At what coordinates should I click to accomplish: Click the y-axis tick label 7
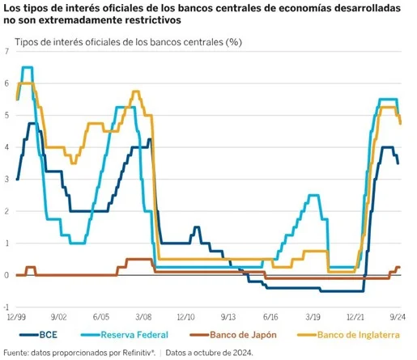(x=6, y=52)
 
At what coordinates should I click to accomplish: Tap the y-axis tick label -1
(x=6, y=307)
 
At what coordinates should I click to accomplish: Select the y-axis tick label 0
(x=6, y=276)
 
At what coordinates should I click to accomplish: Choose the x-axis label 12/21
(x=356, y=319)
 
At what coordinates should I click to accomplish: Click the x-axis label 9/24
(x=398, y=319)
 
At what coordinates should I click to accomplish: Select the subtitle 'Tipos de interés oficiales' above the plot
(x=73, y=40)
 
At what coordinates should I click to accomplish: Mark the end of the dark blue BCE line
(x=398, y=163)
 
